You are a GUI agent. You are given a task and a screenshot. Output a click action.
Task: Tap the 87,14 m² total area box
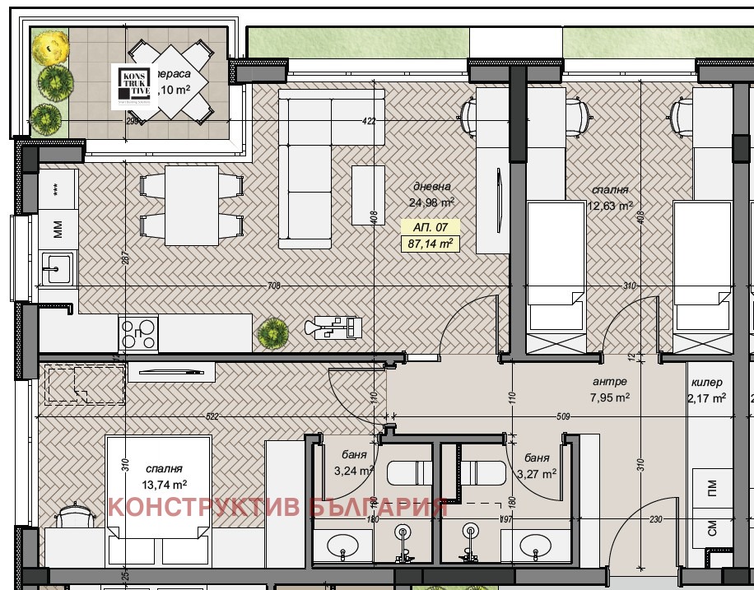tap(431, 244)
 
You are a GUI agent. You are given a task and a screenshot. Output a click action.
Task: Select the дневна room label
tap(431, 187)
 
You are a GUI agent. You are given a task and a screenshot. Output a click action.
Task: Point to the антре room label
tap(610, 382)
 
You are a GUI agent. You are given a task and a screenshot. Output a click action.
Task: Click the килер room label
tap(706, 382)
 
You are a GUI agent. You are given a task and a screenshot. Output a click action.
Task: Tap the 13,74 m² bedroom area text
tap(165, 485)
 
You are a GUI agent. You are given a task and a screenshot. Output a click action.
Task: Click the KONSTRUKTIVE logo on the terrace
tap(133, 86)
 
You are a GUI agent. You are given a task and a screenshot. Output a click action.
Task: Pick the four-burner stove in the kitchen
tap(138, 334)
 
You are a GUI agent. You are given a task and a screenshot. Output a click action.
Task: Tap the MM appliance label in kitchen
tap(58, 230)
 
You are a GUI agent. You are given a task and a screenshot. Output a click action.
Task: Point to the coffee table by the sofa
tap(368, 195)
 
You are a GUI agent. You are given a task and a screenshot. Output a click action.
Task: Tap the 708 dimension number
tap(274, 286)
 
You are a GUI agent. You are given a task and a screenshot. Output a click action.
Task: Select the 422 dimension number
tap(369, 122)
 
